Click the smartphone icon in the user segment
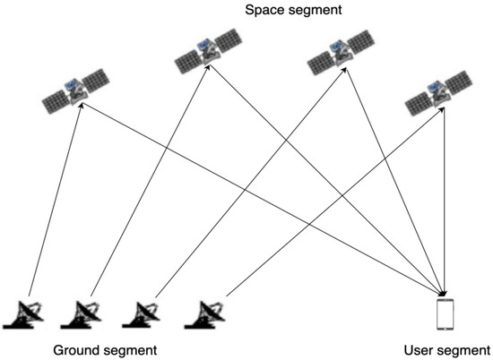pyautogui.click(x=444, y=313)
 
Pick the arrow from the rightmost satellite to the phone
pyautogui.click(x=445, y=206)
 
